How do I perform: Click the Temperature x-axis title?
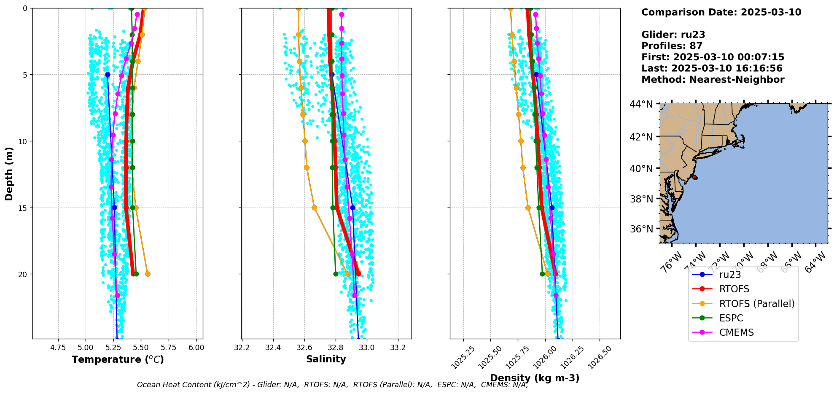pyautogui.click(x=118, y=359)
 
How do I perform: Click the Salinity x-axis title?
pyautogui.click(x=326, y=359)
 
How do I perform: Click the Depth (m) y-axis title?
pyautogui.click(x=9, y=174)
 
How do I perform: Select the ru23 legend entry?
pyautogui.click(x=730, y=275)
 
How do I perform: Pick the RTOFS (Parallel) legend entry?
pyautogui.click(x=756, y=304)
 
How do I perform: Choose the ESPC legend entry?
pyautogui.click(x=731, y=318)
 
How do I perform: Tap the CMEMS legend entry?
pyautogui.click(x=736, y=332)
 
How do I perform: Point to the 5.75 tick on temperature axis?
pyautogui.click(x=169, y=348)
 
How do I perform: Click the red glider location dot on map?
pyautogui.click(x=694, y=178)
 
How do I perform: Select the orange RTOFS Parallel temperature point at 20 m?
pyautogui.click(x=148, y=274)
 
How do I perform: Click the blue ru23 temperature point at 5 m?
pyautogui.click(x=108, y=74)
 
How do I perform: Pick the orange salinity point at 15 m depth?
pyautogui.click(x=314, y=208)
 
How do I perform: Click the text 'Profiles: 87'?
pyautogui.click(x=672, y=46)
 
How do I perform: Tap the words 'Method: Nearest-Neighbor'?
pyautogui.click(x=713, y=80)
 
